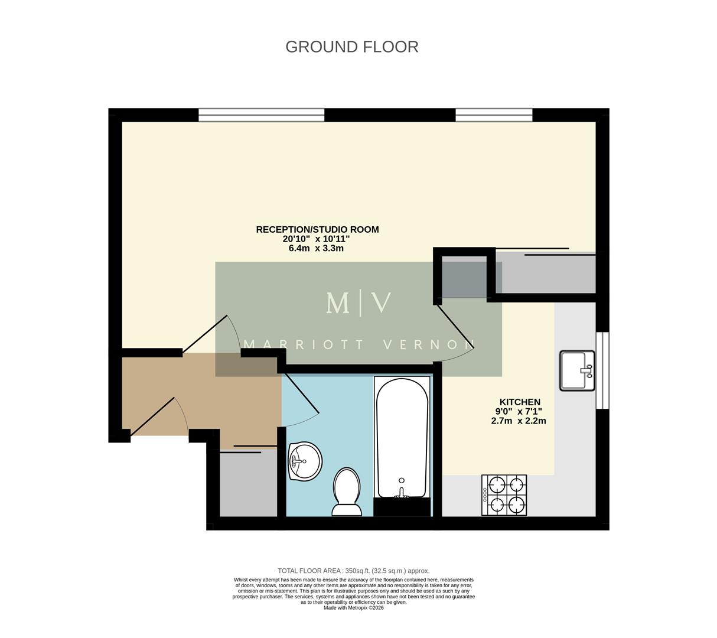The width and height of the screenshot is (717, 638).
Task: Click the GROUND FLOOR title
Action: [352, 47]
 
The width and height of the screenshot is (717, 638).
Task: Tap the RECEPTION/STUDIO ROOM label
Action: [317, 229]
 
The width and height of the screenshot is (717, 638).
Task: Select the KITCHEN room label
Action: [520, 402]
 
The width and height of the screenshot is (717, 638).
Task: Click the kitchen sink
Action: [578, 370]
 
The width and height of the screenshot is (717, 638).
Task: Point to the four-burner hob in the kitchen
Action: [504, 496]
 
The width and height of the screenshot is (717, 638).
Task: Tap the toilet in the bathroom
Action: [347, 491]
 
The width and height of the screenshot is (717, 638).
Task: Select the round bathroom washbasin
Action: [305, 461]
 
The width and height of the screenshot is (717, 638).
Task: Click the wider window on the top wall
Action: [262, 115]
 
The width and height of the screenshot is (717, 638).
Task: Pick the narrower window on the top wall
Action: [494, 115]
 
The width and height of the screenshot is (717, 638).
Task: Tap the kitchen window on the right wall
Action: [602, 370]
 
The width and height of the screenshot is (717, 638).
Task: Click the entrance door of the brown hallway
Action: [155, 416]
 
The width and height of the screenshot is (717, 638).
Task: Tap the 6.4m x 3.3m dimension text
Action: [316, 249]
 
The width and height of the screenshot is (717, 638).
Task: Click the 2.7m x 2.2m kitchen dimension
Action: [519, 421]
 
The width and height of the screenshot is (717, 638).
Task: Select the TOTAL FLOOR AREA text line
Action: [353, 571]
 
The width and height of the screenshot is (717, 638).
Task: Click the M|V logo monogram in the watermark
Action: [358, 302]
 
